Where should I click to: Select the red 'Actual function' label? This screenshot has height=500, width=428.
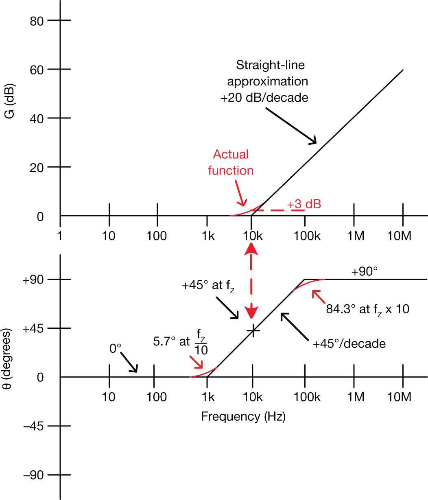tap(231, 162)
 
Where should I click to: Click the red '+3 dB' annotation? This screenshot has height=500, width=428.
tap(304, 204)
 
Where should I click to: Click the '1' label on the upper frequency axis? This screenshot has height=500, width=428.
tap(60, 236)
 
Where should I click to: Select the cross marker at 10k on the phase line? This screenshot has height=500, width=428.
tap(253, 330)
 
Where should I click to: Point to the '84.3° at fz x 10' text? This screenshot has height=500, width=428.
tap(367, 309)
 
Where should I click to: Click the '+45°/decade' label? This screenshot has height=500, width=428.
tap(349, 343)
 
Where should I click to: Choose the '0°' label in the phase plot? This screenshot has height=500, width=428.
tap(116, 349)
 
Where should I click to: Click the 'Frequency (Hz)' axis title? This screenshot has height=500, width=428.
tap(243, 417)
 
